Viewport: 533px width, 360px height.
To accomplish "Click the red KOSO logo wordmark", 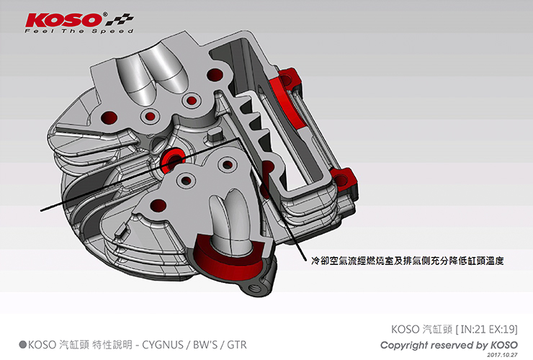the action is pyautogui.click(x=63, y=20).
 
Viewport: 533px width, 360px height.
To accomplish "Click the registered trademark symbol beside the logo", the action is pyautogui.click(x=104, y=14).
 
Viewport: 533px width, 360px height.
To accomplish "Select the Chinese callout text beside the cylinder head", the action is pyautogui.click(x=407, y=261).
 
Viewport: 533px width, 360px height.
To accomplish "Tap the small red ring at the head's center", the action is pyautogui.click(x=172, y=158).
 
